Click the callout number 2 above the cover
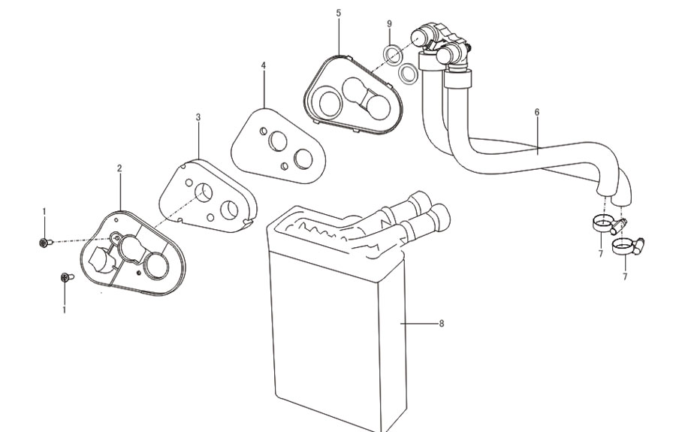[119, 168]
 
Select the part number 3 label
[198, 117]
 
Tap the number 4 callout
[264, 65]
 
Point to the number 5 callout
[339, 13]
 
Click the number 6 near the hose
[537, 112]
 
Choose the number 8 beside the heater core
[441, 323]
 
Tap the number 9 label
[389, 24]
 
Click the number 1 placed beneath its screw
[65, 310]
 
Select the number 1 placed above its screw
[44, 211]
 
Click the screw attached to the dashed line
[45, 243]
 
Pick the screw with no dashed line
[67, 277]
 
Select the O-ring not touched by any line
[408, 74]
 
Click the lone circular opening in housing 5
[330, 101]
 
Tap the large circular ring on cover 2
[155, 264]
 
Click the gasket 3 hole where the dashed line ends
[204, 192]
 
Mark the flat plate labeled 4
[279, 147]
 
